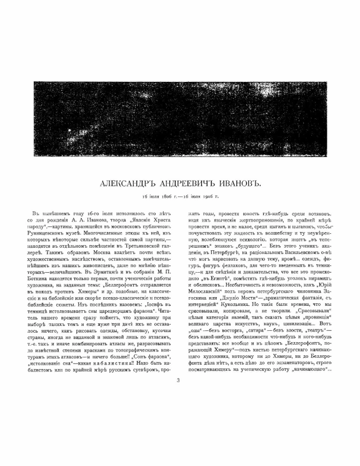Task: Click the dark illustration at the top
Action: [x=179, y=118]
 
